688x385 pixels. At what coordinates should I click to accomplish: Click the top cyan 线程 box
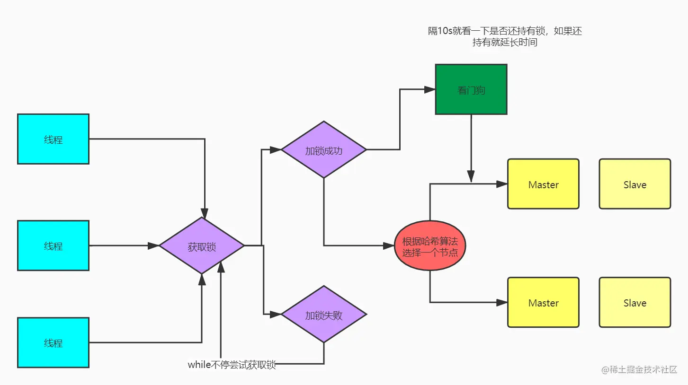53,139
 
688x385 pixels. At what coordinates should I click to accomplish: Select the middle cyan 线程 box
53,245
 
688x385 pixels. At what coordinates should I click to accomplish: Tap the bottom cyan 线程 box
53,342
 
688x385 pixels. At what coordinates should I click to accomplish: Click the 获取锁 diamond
202,246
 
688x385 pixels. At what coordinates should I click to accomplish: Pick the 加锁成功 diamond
324,150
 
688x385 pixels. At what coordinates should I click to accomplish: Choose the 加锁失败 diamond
324,315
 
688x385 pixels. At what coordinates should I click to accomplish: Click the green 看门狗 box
471,89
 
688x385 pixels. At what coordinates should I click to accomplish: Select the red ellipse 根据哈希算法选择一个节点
430,246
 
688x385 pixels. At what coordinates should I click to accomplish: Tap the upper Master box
543,184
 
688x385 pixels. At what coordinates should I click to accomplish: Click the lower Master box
543,303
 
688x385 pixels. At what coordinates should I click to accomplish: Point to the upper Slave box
634,184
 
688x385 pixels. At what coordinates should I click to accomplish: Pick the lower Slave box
634,303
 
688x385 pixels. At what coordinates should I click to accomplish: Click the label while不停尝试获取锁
232,365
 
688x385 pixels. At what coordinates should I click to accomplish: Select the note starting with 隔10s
505,37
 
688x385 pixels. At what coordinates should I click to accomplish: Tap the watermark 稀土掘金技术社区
640,370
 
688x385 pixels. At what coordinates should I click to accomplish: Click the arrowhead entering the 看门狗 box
430,89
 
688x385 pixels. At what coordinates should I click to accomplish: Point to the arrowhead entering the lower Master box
502,302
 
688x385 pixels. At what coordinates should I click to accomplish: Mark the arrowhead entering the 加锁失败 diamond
276,314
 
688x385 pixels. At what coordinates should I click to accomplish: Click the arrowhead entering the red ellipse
389,245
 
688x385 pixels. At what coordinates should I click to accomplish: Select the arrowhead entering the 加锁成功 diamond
276,150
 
